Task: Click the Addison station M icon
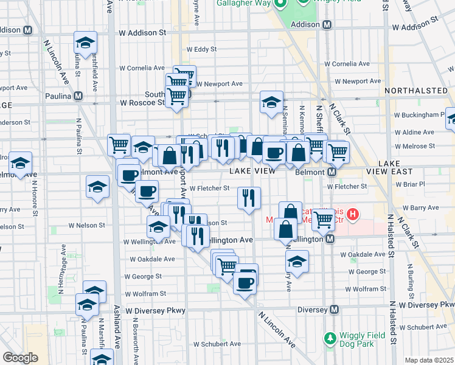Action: (327, 24)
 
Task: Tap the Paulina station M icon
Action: (78, 96)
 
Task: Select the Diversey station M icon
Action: (334, 310)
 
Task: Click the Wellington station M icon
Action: (330, 240)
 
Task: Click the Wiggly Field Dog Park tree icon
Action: (330, 337)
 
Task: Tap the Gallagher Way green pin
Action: (280, 5)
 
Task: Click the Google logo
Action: (20, 358)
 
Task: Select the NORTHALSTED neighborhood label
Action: (416, 91)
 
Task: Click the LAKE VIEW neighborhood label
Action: (250, 172)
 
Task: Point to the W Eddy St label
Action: (201, 49)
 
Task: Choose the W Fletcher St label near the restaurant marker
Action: (209, 189)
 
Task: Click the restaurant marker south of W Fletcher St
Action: (249, 198)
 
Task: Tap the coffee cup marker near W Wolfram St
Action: (246, 282)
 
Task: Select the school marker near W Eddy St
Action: (86, 43)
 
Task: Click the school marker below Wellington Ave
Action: (297, 261)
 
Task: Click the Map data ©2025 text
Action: (429, 360)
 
